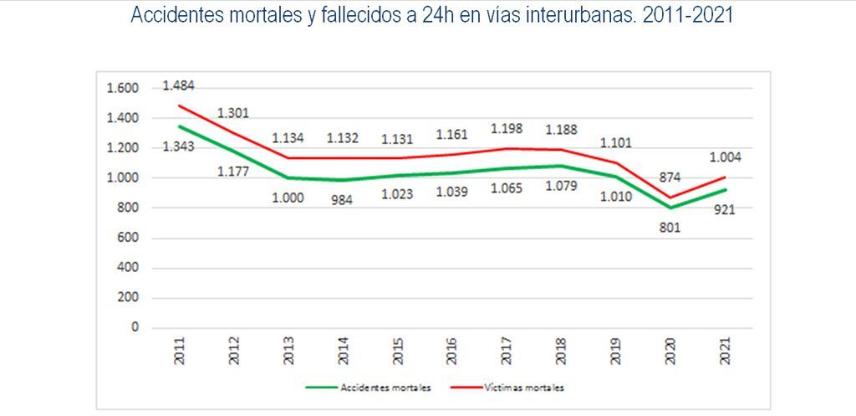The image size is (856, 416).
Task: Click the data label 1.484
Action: click(x=178, y=86)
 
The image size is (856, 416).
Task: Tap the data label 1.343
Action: click(x=178, y=148)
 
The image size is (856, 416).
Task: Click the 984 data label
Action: click(x=342, y=200)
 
